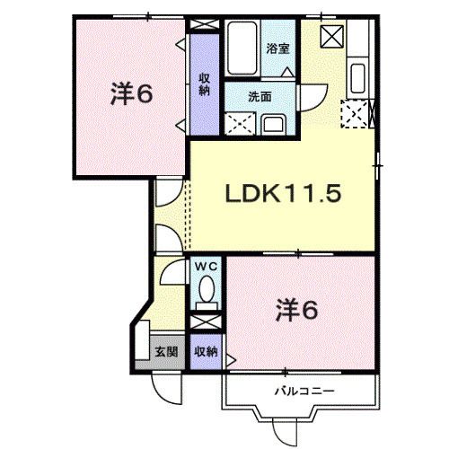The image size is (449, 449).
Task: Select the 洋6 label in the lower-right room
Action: point(295,312)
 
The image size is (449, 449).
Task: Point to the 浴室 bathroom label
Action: point(277,49)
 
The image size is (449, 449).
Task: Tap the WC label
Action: point(206,267)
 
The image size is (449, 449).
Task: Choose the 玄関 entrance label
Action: point(163,350)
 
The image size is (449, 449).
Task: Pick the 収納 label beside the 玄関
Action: point(206,351)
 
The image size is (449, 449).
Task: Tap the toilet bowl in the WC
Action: point(206,290)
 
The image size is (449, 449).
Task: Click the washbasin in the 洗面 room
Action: point(273,123)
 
